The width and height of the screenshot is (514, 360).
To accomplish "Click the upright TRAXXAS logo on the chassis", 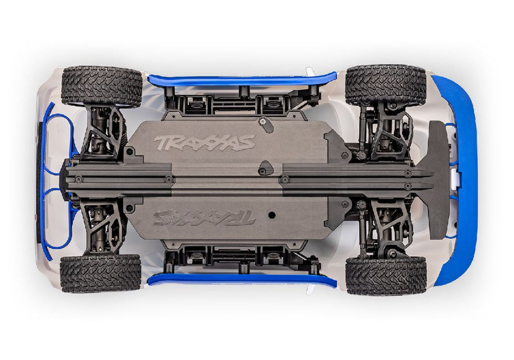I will pyautogui.click(x=204, y=142).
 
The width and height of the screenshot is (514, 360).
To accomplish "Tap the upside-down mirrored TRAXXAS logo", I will pyautogui.click(x=204, y=218).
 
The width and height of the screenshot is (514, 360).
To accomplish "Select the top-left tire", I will pyautogui.click(x=101, y=86).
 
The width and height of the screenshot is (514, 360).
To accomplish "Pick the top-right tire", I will pyautogui.click(x=385, y=85).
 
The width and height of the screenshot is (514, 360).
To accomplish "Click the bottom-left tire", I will pyautogui.click(x=101, y=273).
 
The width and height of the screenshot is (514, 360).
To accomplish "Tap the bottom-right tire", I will pyautogui.click(x=386, y=275).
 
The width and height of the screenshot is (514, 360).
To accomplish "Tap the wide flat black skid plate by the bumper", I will pyautogui.click(x=438, y=180).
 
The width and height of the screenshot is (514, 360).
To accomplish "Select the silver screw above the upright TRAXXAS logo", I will pyautogui.click(x=263, y=121).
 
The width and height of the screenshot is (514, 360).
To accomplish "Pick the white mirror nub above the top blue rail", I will pyautogui.click(x=309, y=70).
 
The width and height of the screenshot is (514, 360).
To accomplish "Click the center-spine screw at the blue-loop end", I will pyautogui.click(x=78, y=179).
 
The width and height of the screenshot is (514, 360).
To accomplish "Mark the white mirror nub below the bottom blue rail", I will pyautogui.click(x=309, y=290).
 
